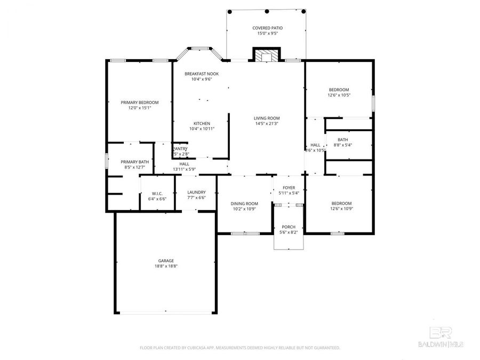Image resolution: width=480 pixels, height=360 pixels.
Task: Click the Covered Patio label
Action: click(267, 27)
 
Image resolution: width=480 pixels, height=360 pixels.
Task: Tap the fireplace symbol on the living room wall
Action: click(266, 55)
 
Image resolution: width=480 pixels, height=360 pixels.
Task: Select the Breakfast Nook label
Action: click(202, 74)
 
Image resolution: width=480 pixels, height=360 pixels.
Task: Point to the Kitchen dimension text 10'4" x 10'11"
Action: click(202, 129)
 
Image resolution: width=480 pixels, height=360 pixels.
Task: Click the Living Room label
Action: click(267, 118)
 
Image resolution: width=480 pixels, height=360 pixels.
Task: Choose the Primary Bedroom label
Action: click(140, 102)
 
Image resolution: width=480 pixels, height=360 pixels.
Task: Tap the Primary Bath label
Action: click(135, 162)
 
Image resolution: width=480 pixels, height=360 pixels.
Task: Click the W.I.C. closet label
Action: click(157, 194)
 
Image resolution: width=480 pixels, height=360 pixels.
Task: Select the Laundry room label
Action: click(197, 192)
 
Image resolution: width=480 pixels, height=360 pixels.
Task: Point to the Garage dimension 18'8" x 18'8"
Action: click(166, 266)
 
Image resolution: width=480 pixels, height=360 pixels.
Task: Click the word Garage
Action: click(166, 260)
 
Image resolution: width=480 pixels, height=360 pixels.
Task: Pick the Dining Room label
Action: click(244, 203)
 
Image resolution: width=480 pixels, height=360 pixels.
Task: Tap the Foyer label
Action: click(289, 188)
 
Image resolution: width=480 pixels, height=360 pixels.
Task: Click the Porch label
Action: click(289, 227)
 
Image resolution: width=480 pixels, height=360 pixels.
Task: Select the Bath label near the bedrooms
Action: click(342, 140)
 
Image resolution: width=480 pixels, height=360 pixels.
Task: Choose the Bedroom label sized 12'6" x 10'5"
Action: click(339, 90)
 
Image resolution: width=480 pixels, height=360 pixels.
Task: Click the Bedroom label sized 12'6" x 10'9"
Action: click(341, 203)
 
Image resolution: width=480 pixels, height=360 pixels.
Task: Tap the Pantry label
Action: click(180, 149)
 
